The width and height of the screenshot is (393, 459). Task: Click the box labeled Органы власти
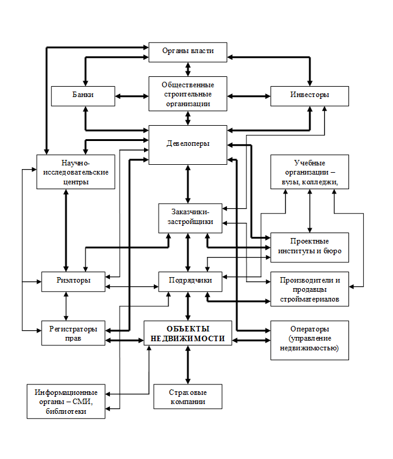click(188, 51)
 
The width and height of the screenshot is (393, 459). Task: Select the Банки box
click(84, 96)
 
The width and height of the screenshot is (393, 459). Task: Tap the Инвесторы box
click(309, 96)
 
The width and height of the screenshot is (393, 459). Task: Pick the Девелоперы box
click(188, 145)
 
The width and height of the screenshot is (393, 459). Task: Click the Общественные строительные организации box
click(188, 93)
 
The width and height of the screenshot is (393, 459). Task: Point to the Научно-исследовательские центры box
click(76, 172)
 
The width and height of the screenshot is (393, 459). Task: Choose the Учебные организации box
click(309, 172)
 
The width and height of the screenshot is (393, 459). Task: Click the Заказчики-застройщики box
click(190, 217)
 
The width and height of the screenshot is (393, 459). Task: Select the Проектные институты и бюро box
click(309, 247)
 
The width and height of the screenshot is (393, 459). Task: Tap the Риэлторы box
click(75, 281)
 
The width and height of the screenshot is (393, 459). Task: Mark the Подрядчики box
click(190, 281)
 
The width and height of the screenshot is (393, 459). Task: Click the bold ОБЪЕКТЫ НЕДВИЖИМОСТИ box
click(188, 333)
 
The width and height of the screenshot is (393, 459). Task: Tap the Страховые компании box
click(188, 397)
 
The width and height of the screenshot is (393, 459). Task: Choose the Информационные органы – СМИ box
click(66, 402)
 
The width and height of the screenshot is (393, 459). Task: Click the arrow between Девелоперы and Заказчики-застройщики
click(188, 183)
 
